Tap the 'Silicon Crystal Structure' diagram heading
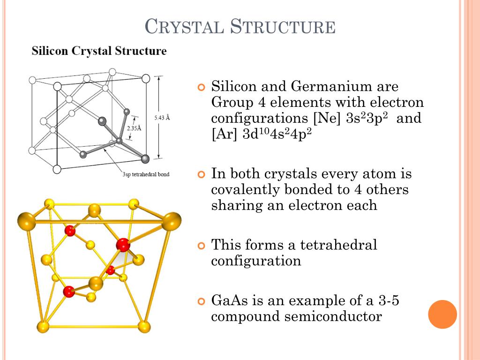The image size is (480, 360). (x=99, y=51)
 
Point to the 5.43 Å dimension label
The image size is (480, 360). (x=162, y=118)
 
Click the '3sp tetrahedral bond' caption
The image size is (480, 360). (x=146, y=174)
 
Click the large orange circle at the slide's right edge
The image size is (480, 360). (x=442, y=314)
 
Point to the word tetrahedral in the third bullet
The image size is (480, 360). (x=338, y=245)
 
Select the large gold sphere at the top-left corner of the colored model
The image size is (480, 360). (x=26, y=221)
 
